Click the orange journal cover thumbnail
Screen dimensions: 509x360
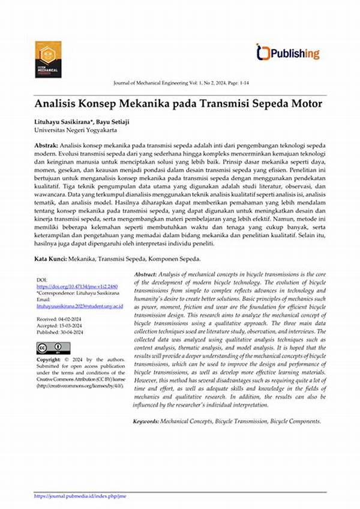(x=48, y=59)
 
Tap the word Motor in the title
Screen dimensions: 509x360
(x=305, y=103)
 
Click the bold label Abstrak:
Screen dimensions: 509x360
(x=46, y=146)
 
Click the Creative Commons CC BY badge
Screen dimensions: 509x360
(x=53, y=348)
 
